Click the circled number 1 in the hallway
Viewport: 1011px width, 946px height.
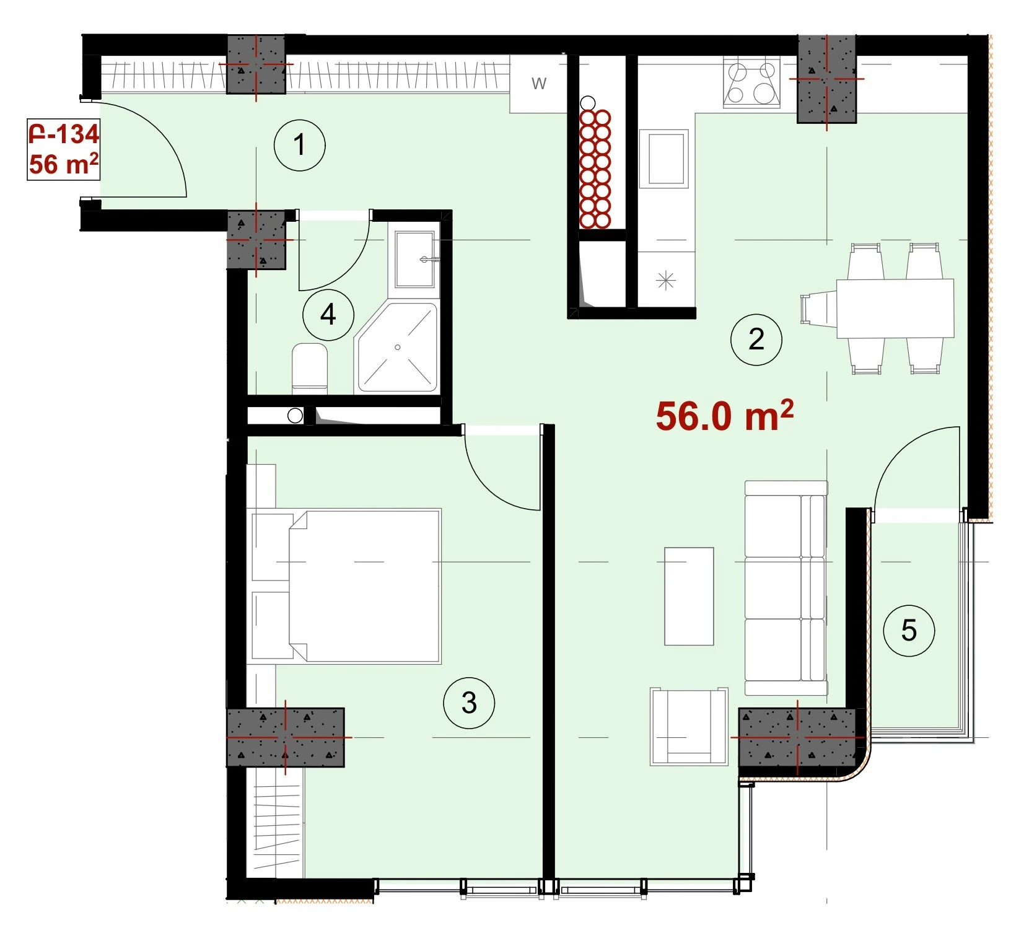[300, 146]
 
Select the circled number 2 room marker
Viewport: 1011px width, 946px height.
[756, 339]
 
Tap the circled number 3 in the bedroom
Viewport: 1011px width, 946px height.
[469, 703]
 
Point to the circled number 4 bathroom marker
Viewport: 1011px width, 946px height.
[328, 315]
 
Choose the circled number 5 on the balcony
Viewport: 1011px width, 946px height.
[909, 631]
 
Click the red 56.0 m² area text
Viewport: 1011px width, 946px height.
[724, 415]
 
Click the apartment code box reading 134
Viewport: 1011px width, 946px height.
[63, 149]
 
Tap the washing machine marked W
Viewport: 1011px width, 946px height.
[538, 84]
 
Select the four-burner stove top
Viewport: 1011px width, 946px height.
[751, 83]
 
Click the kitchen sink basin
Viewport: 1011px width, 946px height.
[664, 159]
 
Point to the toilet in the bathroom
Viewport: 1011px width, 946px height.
[310, 369]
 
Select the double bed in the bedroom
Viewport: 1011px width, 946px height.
[364, 586]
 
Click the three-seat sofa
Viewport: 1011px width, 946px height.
[786, 588]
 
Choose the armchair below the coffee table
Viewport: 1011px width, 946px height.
[689, 726]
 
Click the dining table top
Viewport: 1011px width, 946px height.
[895, 309]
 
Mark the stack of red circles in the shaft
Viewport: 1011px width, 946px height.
[595, 169]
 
